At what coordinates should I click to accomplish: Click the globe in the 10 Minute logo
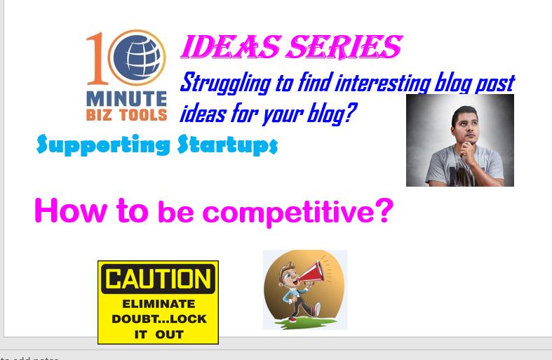click(x=137, y=58)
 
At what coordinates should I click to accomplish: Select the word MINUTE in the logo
click(x=126, y=99)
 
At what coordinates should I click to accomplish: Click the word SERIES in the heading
click(x=344, y=46)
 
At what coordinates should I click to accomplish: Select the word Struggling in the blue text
click(x=225, y=84)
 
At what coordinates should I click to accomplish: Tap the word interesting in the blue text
click(x=383, y=84)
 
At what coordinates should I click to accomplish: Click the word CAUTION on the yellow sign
click(x=158, y=279)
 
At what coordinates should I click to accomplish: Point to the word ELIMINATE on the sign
click(x=159, y=304)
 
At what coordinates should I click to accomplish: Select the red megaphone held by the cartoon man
click(x=311, y=272)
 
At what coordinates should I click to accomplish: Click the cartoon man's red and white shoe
click(x=316, y=309)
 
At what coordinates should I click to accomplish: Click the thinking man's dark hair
click(x=465, y=113)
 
